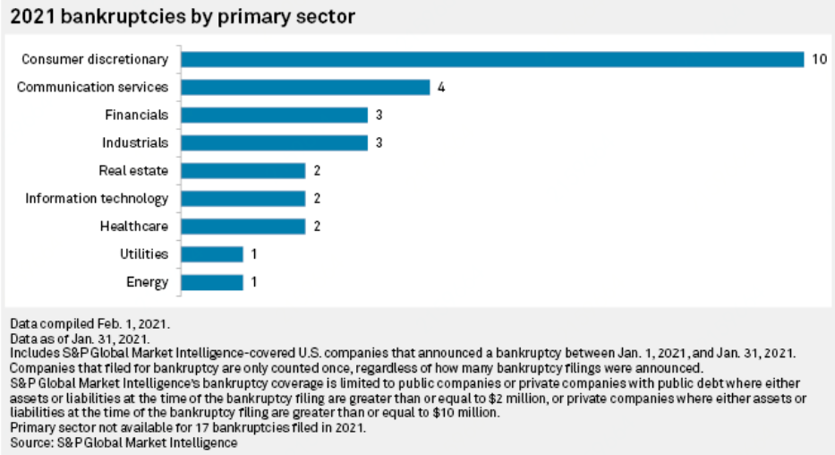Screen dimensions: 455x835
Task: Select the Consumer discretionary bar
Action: (x=492, y=59)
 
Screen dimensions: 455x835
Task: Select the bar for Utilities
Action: (x=212, y=254)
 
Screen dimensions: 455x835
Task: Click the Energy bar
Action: (x=212, y=282)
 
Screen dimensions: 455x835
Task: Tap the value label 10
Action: (x=819, y=59)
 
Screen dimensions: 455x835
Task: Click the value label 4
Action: (x=441, y=87)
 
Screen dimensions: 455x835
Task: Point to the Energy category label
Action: (x=148, y=282)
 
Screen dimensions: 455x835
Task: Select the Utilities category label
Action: (x=143, y=254)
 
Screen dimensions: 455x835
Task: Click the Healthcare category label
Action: (x=133, y=227)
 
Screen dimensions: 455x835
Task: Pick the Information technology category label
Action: (x=96, y=198)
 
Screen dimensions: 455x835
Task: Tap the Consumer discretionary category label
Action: (x=94, y=59)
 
